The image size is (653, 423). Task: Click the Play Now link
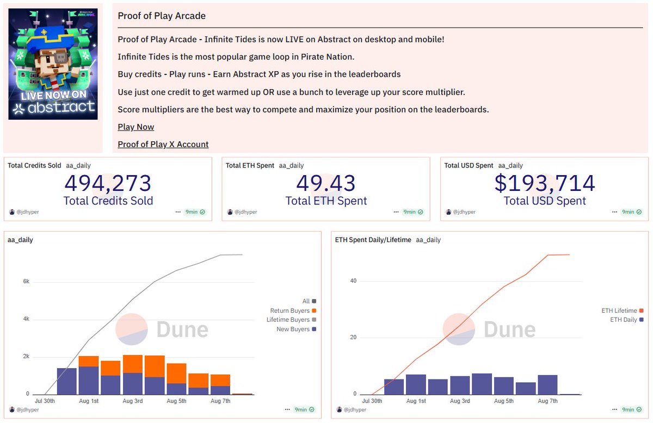click(x=136, y=127)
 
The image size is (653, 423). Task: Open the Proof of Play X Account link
click(x=163, y=144)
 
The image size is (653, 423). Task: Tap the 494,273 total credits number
click(x=108, y=183)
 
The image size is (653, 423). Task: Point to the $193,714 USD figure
click(x=545, y=183)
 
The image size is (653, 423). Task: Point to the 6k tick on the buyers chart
click(x=26, y=282)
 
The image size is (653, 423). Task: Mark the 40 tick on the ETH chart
click(x=353, y=281)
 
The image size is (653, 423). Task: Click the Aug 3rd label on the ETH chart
click(x=460, y=401)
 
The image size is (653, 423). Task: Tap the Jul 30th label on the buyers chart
click(x=45, y=401)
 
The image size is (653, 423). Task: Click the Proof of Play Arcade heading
click(x=162, y=16)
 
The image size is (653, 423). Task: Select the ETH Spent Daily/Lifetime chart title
click(x=373, y=240)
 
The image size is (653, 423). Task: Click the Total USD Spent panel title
click(x=469, y=165)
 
